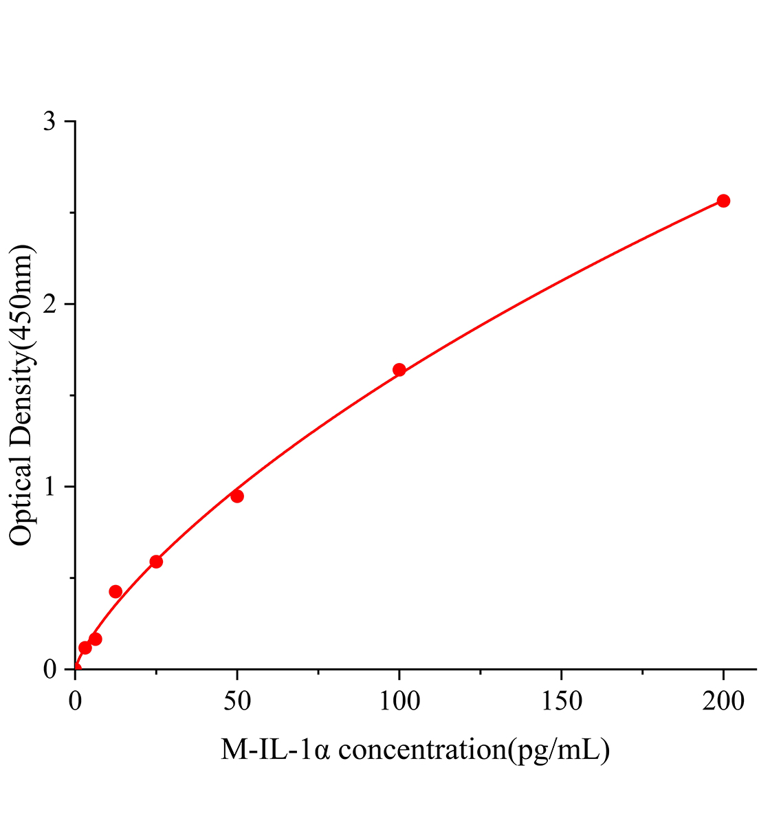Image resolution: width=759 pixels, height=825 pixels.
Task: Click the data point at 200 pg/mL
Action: [723, 201]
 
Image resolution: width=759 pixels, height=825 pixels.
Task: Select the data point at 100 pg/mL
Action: [399, 370]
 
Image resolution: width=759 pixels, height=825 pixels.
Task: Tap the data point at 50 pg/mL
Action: [237, 496]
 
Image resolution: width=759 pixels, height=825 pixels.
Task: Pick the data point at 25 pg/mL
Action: [156, 562]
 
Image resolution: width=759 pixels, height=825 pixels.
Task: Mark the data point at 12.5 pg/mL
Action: [115, 592]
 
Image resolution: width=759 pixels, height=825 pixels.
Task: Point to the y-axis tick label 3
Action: [50, 122]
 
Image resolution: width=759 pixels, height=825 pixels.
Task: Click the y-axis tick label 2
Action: [50, 305]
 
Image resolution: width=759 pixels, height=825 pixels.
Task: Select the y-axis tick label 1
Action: [50, 487]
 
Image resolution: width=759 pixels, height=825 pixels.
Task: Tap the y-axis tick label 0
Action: [50, 669]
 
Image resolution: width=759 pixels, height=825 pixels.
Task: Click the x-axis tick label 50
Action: [237, 701]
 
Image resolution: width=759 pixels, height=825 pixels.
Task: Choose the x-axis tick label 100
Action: [399, 701]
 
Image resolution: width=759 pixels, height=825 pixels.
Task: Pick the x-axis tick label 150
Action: [561, 701]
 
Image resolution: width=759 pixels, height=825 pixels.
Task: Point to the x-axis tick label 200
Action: [723, 701]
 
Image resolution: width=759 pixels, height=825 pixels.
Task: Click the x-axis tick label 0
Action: [75, 701]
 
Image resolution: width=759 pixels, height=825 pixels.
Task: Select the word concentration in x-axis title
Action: [422, 749]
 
